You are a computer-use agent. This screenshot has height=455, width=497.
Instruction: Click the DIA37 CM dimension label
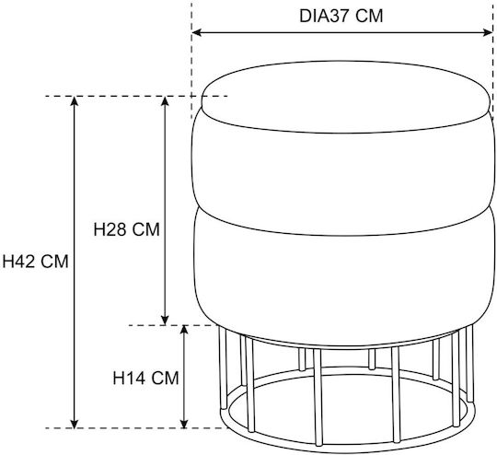(x=341, y=16)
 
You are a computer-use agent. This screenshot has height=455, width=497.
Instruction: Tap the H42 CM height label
(x=36, y=262)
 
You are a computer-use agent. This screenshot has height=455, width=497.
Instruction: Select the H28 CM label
(x=126, y=229)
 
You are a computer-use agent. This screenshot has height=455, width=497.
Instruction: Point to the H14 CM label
(x=145, y=378)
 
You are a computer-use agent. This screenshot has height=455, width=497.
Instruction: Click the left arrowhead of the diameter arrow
(x=197, y=32)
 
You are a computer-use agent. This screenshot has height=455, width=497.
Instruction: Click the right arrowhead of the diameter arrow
(x=487, y=32)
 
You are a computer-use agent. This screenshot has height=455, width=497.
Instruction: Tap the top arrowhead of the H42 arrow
(x=75, y=101)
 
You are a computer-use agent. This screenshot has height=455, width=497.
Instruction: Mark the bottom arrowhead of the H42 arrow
(x=75, y=423)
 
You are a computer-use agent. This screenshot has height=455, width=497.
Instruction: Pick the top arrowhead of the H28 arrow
(x=165, y=101)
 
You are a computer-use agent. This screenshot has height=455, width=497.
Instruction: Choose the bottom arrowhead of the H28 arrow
(x=165, y=321)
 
